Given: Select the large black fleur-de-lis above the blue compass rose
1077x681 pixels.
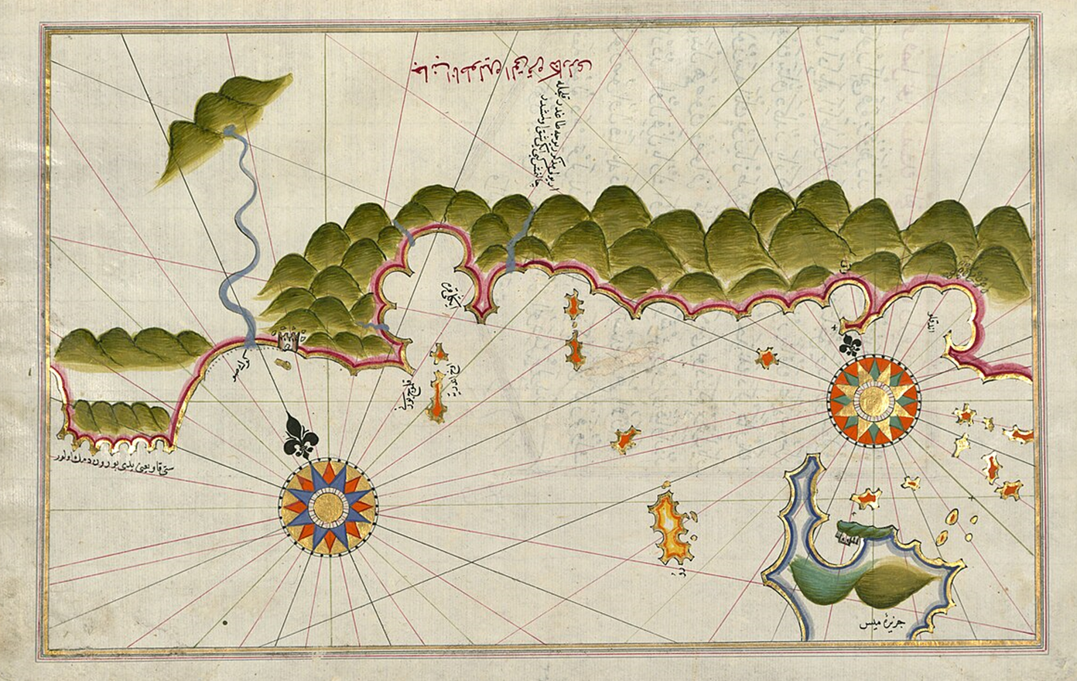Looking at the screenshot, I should [302, 437].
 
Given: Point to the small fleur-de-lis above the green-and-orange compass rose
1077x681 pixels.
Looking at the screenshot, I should [852, 344].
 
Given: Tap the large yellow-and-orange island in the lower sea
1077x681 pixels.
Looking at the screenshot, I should [669, 530].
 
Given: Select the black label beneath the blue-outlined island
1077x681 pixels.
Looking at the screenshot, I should [884, 623].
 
